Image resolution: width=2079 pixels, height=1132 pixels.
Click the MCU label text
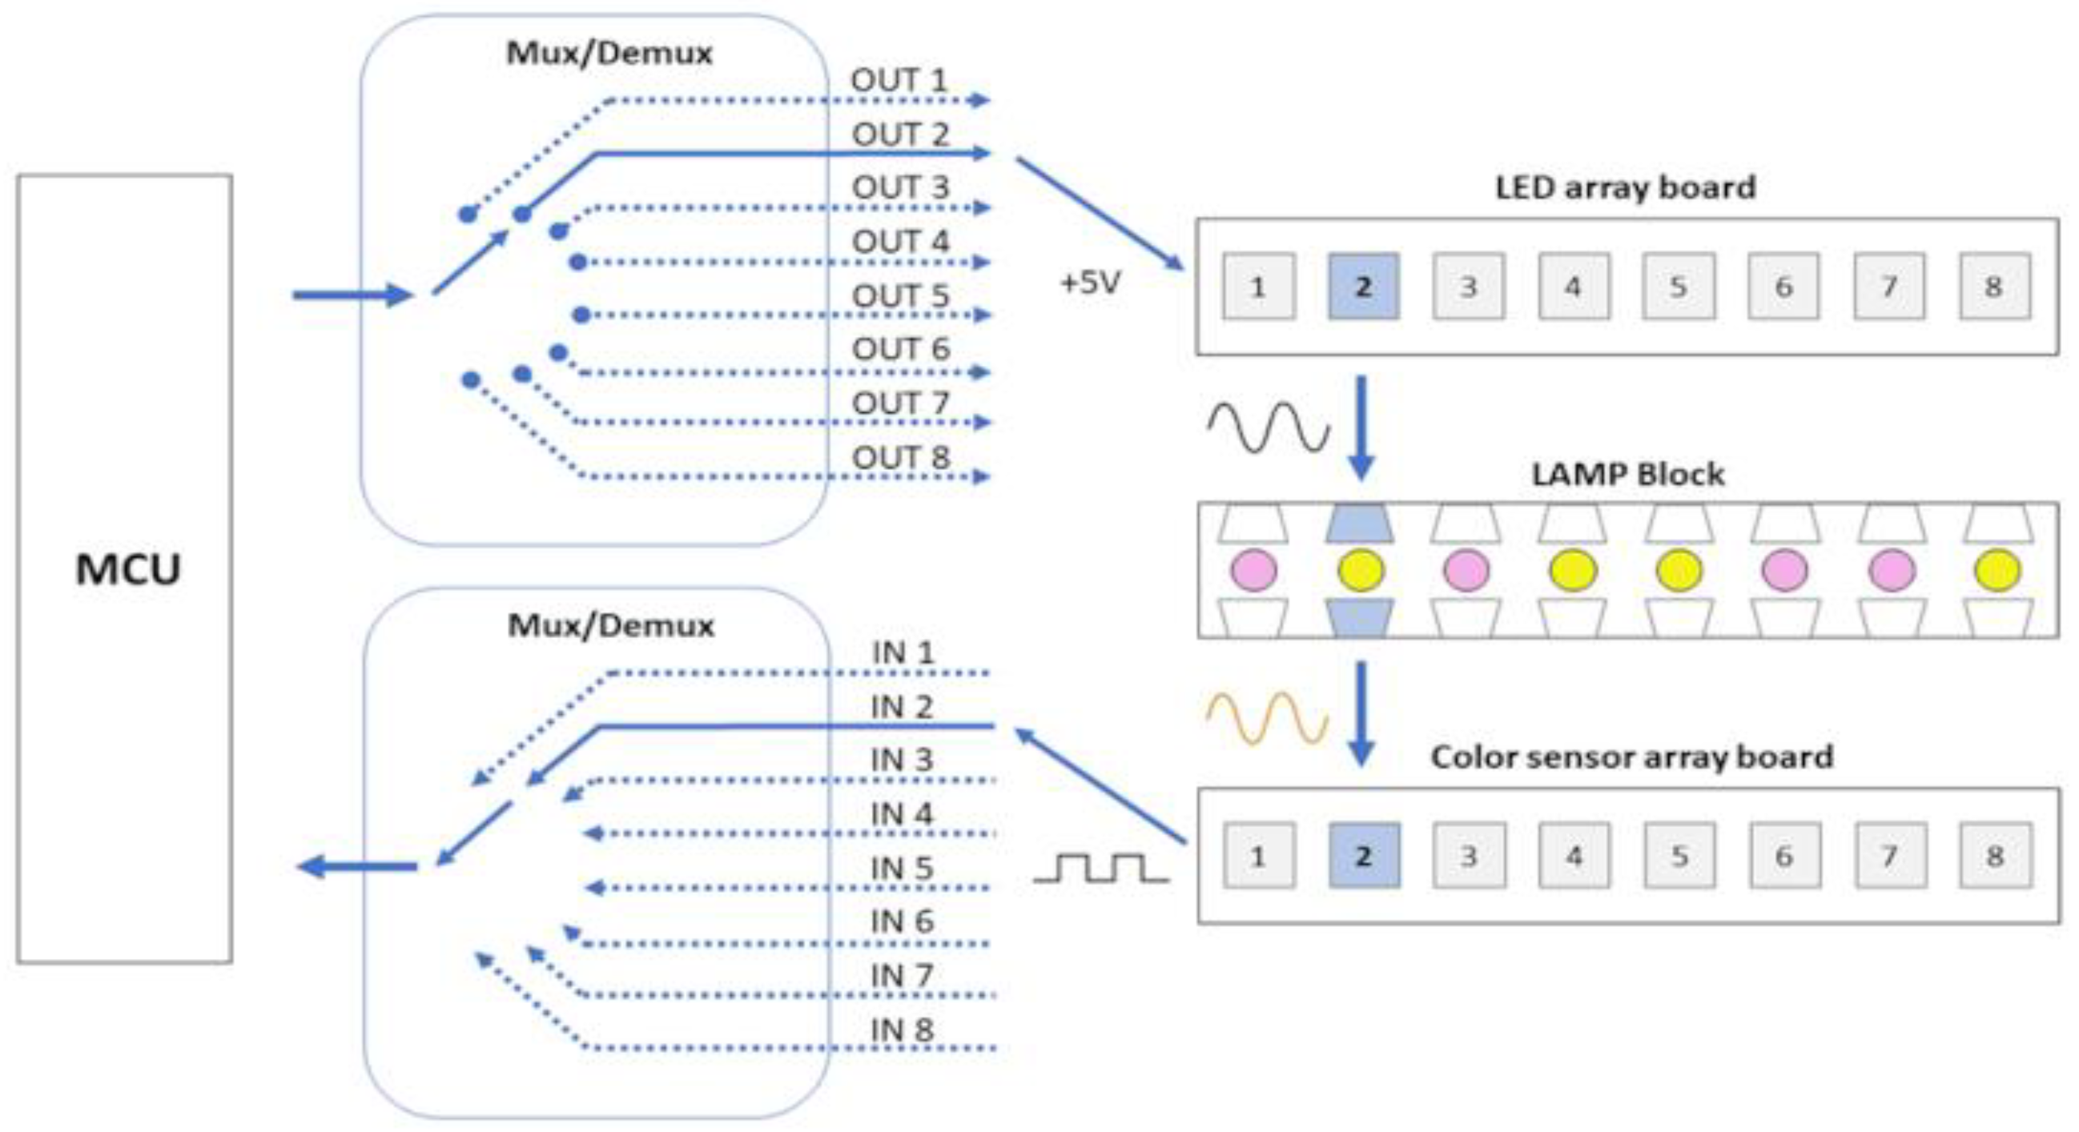[127, 569]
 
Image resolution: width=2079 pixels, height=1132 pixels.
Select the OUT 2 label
[900, 134]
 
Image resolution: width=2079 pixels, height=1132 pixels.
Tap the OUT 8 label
[901, 457]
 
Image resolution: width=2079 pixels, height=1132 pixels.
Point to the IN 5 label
[902, 868]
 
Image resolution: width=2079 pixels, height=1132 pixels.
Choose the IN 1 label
[903, 652]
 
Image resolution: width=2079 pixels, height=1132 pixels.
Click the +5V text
[1090, 283]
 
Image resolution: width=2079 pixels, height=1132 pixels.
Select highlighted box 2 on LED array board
[1363, 287]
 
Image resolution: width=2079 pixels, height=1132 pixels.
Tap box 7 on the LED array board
[1888, 287]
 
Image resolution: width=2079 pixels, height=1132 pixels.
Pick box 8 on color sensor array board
[1995, 855]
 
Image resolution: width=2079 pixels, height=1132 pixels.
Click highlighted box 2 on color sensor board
[1364, 855]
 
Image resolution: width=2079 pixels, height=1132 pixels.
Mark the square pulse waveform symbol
[1100, 867]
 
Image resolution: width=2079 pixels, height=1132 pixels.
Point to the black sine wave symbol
[1268, 426]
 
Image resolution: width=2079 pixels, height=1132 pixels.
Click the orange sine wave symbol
[1267, 717]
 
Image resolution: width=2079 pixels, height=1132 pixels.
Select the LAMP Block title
[1628, 474]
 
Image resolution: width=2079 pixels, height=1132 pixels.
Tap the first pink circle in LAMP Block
[1253, 570]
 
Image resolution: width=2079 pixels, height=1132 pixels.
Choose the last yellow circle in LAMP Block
[1997, 570]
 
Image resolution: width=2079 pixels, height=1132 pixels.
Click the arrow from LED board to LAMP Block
[1361, 428]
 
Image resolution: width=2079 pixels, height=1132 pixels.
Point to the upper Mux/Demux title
[609, 54]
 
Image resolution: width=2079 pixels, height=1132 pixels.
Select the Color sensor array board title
[1632, 757]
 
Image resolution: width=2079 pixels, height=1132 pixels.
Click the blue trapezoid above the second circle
[1360, 523]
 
